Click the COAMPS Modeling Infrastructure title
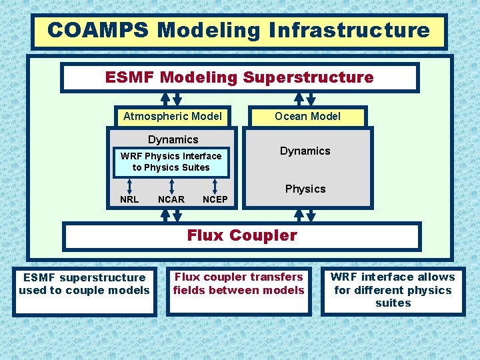(239, 31)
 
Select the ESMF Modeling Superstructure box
(239, 77)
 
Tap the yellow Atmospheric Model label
(173, 116)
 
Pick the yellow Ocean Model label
(308, 116)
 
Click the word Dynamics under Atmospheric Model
(173, 139)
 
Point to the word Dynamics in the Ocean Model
(305, 151)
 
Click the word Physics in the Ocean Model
(305, 189)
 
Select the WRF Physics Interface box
(171, 162)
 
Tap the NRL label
(129, 199)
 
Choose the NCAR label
(171, 199)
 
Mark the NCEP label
(215, 199)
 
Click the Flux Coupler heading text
(242, 235)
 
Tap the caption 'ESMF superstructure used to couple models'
(84, 284)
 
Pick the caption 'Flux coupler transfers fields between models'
(239, 283)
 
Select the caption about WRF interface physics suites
(393, 290)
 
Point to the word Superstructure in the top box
(308, 77)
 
